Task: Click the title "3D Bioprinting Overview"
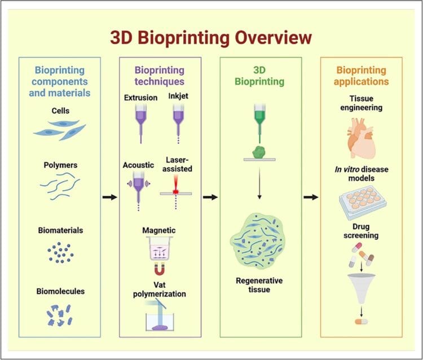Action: tap(210, 38)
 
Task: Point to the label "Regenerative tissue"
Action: tap(259, 285)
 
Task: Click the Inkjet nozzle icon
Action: tap(179, 118)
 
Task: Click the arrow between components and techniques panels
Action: tap(111, 197)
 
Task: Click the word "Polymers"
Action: tap(60, 165)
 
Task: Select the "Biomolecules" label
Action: tap(60, 291)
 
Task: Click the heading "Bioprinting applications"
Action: tap(362, 76)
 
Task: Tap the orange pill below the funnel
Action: tap(360, 322)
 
